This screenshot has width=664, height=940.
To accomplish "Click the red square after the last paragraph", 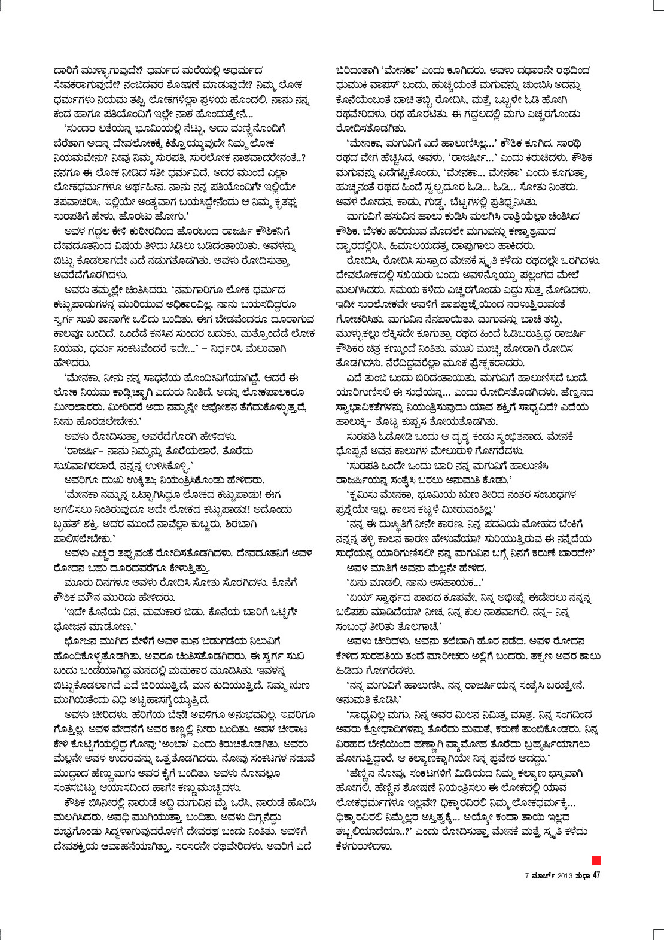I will (x=596, y=860).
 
